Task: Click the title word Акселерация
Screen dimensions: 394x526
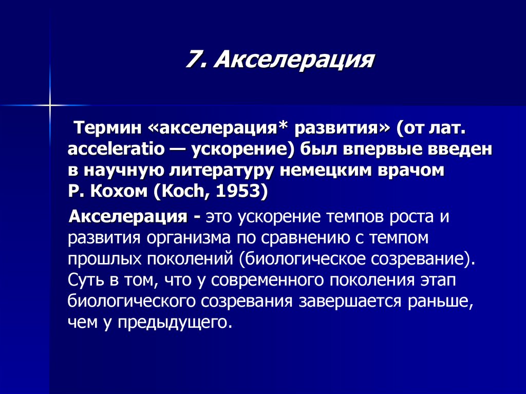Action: (x=293, y=61)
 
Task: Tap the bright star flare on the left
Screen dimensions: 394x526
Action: (x=50, y=105)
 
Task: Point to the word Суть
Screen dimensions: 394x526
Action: (x=85, y=280)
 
